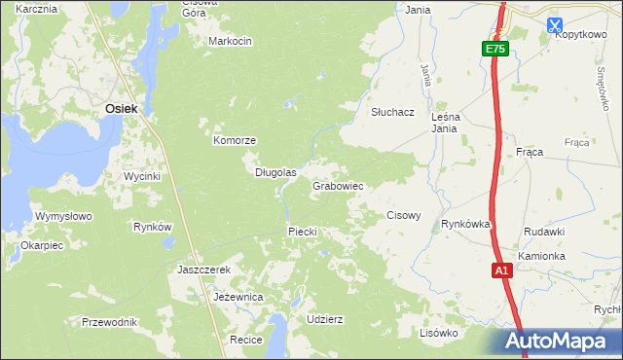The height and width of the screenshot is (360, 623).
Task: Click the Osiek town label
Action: pos(121,109)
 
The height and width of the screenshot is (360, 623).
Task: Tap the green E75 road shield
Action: pos(495,49)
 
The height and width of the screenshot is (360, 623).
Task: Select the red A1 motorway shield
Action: pos(500,271)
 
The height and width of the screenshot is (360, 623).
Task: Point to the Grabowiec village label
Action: pos(338,185)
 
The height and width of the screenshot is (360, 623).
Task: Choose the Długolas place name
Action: pos(275,172)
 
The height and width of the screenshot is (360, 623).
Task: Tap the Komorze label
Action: pos(235,140)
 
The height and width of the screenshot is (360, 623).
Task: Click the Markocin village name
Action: pos(231,41)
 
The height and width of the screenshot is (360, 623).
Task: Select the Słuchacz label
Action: pos(393,112)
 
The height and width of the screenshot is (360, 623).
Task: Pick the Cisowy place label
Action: pos(404,215)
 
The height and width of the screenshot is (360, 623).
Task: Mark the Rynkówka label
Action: pos(465,224)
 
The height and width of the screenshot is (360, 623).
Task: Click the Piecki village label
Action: pos(303,231)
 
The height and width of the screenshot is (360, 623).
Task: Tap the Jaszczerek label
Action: pos(203,270)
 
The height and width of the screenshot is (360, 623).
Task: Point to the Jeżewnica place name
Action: pos(238,296)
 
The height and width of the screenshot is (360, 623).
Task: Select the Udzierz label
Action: pos(324,318)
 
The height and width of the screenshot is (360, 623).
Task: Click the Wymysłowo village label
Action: pos(63,216)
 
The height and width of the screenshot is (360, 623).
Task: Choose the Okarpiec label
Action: pos(42,245)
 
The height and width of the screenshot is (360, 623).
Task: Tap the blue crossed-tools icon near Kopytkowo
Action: pos(555,24)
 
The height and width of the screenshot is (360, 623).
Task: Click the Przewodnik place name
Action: pos(109,321)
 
